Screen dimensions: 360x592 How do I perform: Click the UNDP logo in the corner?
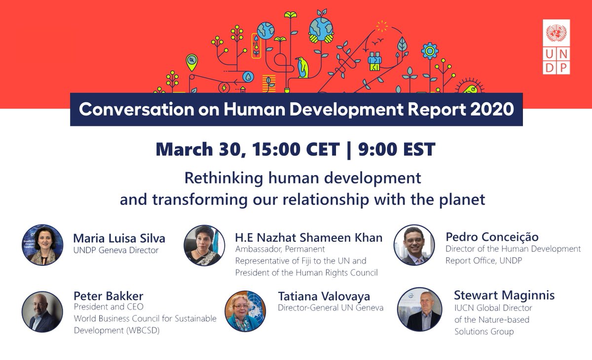556,47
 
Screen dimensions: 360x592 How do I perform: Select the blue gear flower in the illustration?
431,51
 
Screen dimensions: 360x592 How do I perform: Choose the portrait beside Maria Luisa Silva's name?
42,245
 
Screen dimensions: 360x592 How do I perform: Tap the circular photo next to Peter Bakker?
42,311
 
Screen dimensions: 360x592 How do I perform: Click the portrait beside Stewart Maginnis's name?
419,309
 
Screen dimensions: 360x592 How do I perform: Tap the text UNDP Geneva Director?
116,251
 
